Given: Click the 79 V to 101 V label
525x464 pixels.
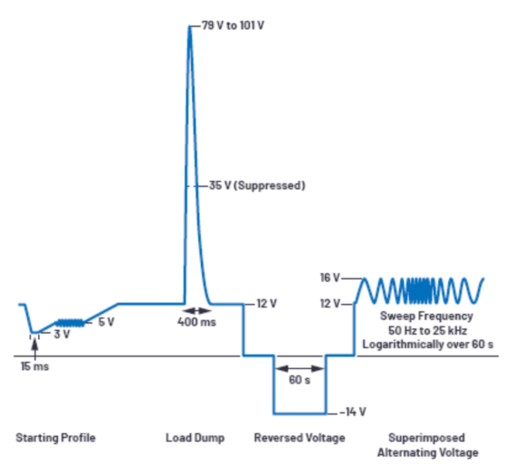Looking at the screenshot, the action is click(x=233, y=25).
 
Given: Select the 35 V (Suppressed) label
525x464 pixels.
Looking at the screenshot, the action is click(x=257, y=185).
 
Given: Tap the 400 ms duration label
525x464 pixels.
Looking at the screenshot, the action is click(x=197, y=322).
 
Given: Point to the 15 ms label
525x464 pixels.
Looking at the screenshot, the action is click(x=34, y=366).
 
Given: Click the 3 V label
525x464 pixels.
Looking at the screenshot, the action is click(x=62, y=334).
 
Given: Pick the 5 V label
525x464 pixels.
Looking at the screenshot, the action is click(x=106, y=322).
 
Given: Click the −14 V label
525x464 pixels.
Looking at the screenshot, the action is click(x=353, y=412).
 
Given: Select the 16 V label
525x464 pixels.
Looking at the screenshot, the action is click(x=329, y=278).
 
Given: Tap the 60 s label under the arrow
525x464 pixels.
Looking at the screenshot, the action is click(x=300, y=380).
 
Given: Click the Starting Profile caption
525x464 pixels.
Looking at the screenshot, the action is click(x=55, y=438).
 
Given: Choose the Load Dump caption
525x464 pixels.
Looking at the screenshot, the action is click(x=196, y=438).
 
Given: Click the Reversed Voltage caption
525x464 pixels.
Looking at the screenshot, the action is click(x=300, y=438).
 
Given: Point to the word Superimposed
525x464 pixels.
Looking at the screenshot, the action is click(x=426, y=438).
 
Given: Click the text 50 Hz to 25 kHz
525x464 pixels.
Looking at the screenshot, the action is click(x=427, y=330).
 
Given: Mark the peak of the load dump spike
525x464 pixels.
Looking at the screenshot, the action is click(x=190, y=27).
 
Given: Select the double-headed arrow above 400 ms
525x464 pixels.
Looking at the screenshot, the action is click(x=198, y=311).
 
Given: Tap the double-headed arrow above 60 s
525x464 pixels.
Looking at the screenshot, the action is click(x=300, y=368).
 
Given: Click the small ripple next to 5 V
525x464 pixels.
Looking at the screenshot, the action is click(x=70, y=323).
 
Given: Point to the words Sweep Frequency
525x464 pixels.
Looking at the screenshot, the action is click(x=426, y=317).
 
